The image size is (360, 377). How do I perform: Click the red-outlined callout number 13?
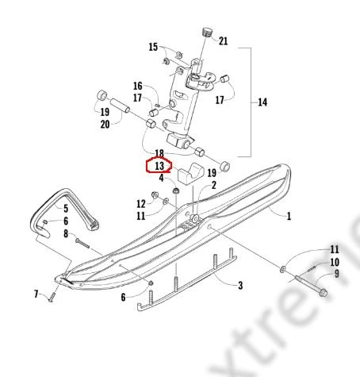pos(159,166)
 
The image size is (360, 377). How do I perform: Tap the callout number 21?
pos(223,41)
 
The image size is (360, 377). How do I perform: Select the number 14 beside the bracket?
pos(262,102)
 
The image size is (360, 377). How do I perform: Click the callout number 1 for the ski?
pos(289,216)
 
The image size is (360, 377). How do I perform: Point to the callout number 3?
pos(240,285)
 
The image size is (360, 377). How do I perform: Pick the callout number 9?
pos(336,273)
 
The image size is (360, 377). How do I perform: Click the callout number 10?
pos(335,262)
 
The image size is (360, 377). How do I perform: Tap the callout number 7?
pos(36,294)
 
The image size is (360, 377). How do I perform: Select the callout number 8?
pos(66,233)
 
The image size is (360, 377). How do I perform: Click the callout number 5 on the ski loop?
pos(66,208)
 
